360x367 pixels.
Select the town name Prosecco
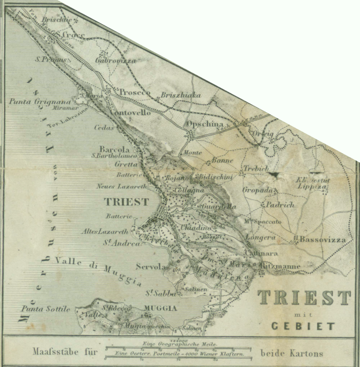point(135,92)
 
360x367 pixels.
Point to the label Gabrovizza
point(116,60)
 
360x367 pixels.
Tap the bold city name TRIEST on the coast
point(126,202)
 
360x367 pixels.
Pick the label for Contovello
point(129,113)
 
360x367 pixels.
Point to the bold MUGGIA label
point(160,309)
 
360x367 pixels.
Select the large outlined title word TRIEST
point(304,298)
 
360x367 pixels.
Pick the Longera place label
point(261,238)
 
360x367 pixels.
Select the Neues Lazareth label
point(122,187)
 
